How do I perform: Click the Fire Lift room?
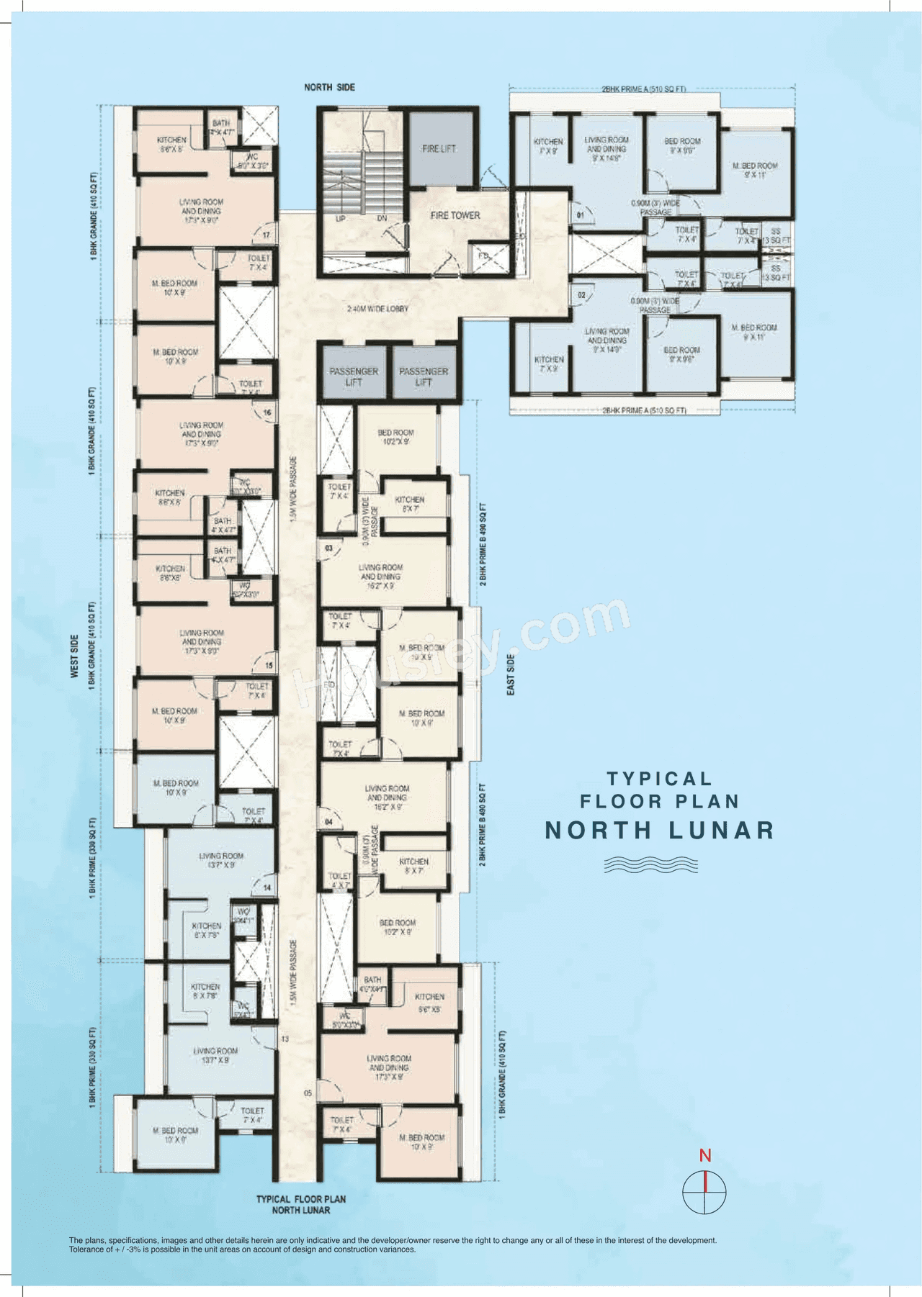(439, 148)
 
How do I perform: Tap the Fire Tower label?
(455, 215)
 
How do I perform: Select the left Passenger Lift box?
(354, 376)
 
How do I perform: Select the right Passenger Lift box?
(424, 376)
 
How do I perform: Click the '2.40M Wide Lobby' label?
(377, 309)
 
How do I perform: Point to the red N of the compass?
(705, 1156)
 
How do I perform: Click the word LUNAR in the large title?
(721, 831)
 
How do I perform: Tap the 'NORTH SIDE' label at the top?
(329, 87)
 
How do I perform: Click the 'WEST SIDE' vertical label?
(74, 656)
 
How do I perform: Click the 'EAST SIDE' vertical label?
(511, 674)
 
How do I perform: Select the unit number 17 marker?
(267, 235)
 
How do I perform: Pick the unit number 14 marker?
(267, 887)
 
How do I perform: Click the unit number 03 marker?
(328, 548)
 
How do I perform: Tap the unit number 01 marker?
(581, 214)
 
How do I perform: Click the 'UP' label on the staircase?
(340, 218)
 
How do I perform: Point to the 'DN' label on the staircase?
(382, 218)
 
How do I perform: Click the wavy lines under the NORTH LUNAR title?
(650, 864)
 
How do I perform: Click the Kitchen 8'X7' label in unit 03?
(410, 504)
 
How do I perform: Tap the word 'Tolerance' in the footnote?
(86, 1249)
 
